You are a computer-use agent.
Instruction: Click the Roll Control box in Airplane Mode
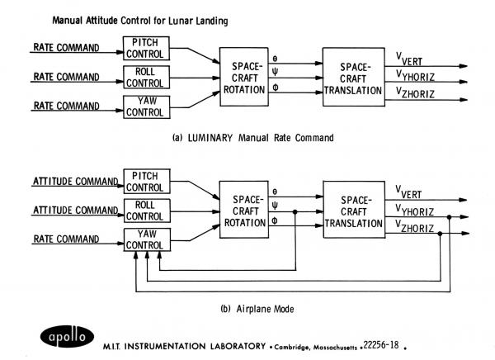(146, 211)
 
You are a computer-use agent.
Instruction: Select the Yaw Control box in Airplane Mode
(146, 240)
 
